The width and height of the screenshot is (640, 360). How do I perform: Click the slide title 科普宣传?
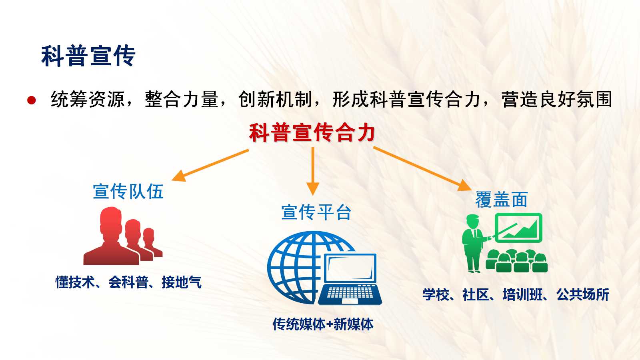88,56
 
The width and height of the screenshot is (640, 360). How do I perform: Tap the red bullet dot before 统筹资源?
32,100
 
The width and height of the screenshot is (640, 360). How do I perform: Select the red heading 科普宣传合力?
312,132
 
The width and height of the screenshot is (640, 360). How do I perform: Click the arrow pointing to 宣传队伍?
210,165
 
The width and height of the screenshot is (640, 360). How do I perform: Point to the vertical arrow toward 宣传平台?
313,171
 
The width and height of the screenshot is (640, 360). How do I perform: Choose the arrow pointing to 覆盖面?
422,168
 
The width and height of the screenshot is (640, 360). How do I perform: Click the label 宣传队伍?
128,192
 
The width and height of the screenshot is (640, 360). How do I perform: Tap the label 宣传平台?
316,212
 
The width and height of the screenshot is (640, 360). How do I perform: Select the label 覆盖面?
502,200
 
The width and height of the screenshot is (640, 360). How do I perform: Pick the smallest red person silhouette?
152,243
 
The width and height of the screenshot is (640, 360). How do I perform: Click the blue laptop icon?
350,280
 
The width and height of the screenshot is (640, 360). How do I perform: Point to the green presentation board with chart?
518,228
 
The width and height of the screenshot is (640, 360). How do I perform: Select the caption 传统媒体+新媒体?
323,324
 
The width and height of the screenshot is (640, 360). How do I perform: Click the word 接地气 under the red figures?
182,282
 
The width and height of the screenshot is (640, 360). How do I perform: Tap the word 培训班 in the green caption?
522,294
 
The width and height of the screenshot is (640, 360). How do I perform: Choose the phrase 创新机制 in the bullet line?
275,100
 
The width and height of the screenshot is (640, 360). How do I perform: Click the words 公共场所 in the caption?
583,294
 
